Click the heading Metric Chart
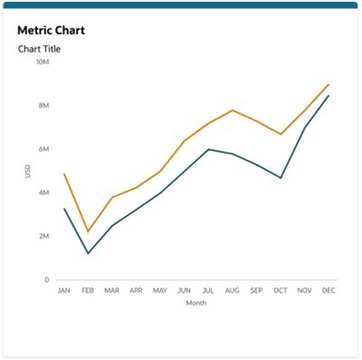click(x=50, y=30)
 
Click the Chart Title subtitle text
click(x=40, y=48)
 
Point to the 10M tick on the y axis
click(x=42, y=62)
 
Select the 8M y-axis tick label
click(x=43, y=105)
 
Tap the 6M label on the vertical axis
click(x=43, y=148)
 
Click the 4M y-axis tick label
click(x=43, y=193)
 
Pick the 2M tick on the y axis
click(x=43, y=236)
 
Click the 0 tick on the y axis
click(x=47, y=280)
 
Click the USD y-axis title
click(x=28, y=170)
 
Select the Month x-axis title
click(x=196, y=303)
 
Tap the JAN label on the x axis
click(x=64, y=291)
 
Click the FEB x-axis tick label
click(x=87, y=291)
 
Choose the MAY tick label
click(x=160, y=291)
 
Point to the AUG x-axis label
click(x=232, y=291)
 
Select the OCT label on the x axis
click(x=281, y=291)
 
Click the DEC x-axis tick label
click(x=329, y=291)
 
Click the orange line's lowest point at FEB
click(x=87, y=232)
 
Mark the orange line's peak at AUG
click(x=232, y=110)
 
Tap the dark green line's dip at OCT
click(x=281, y=177)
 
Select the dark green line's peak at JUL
click(x=209, y=149)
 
